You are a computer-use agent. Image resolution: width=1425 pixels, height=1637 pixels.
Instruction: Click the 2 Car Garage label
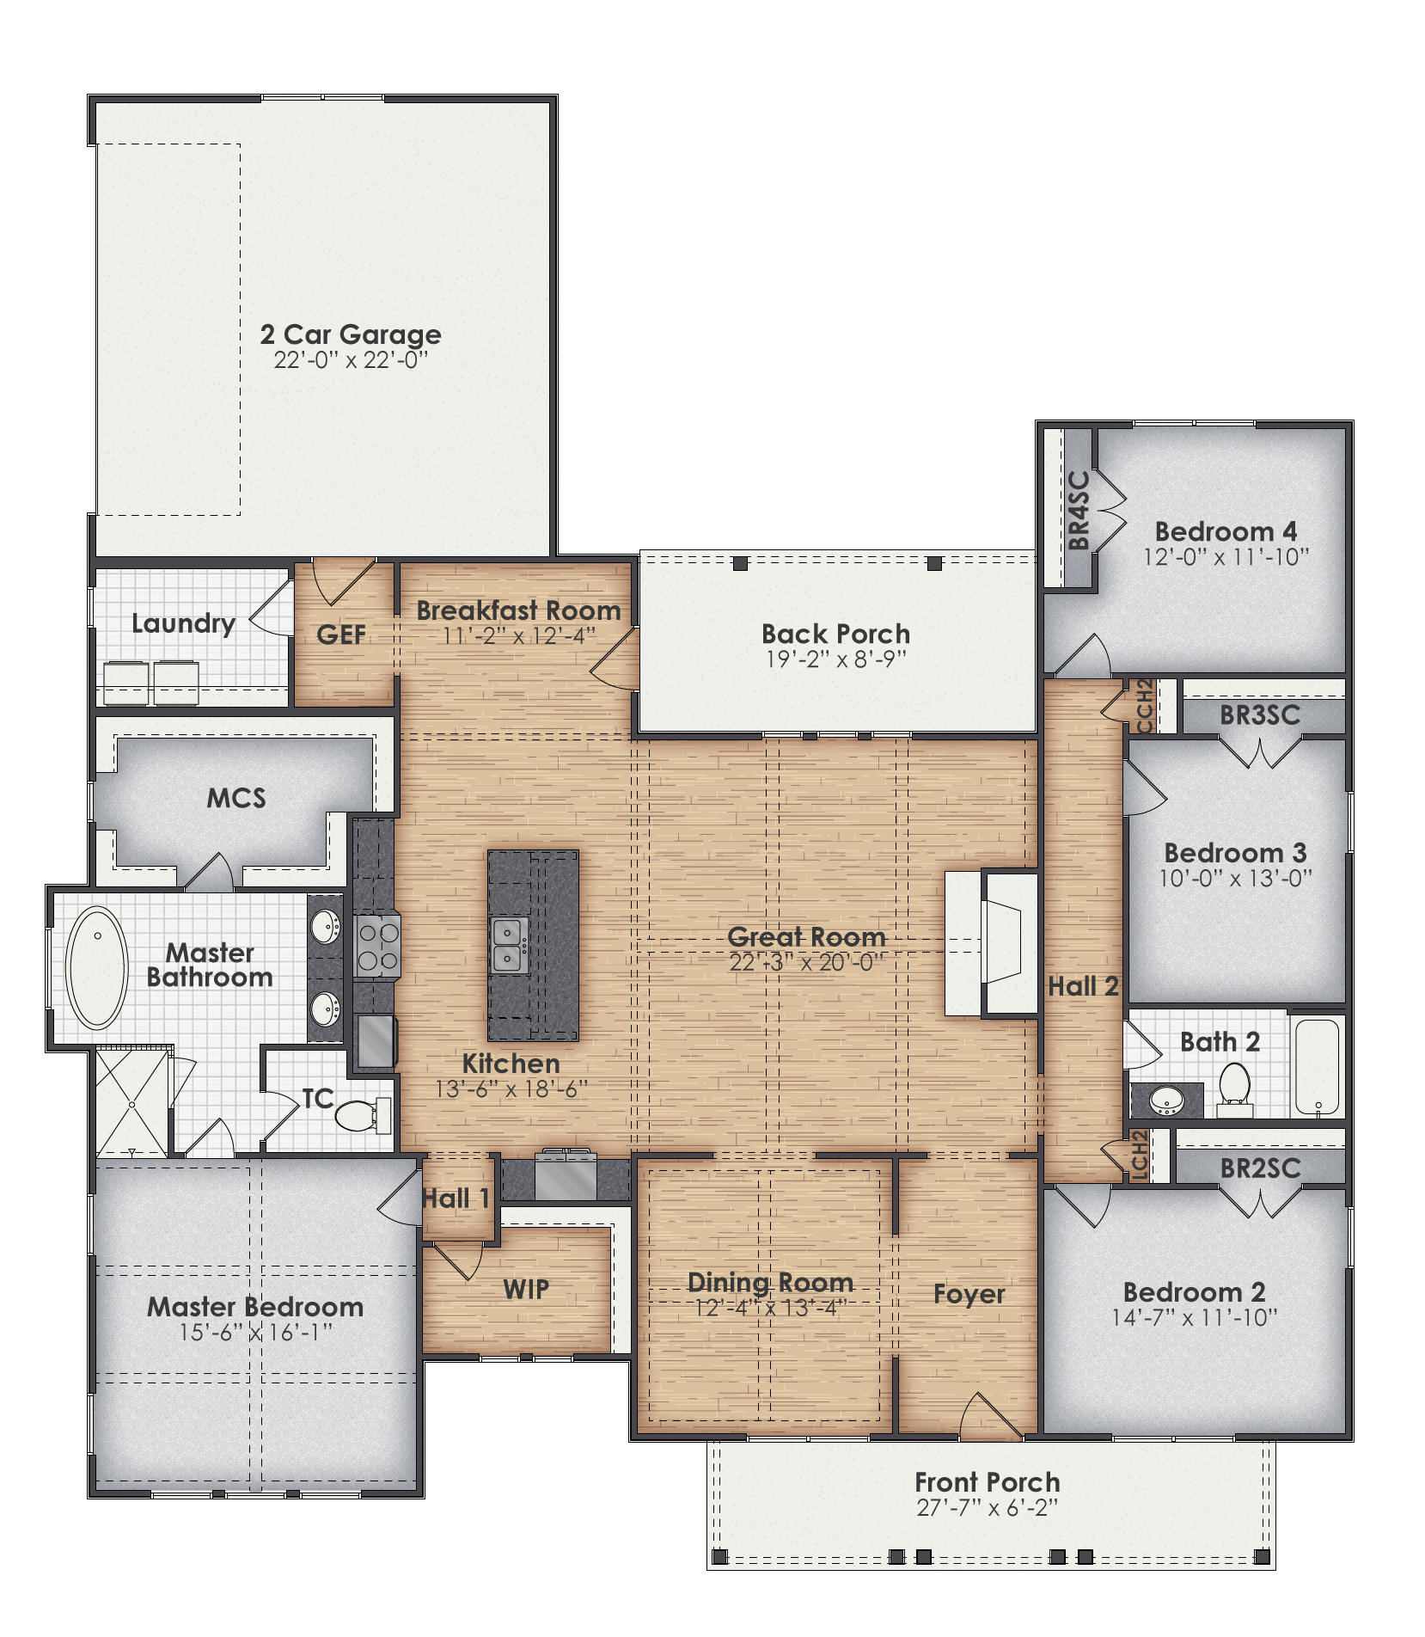tap(351, 334)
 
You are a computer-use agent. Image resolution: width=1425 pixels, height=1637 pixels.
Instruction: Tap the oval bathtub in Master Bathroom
tap(97, 966)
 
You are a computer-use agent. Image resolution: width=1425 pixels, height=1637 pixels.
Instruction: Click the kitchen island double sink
tap(509, 944)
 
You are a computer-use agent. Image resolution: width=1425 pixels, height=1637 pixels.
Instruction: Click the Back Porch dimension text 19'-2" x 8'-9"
tap(835, 659)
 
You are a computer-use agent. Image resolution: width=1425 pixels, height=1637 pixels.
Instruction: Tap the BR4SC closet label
tap(1079, 510)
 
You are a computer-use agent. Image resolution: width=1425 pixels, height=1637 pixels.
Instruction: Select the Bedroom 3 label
tap(1234, 853)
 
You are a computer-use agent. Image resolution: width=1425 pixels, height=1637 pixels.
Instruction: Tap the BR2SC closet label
tap(1259, 1168)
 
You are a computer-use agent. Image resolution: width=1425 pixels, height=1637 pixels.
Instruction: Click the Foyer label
tap(969, 1294)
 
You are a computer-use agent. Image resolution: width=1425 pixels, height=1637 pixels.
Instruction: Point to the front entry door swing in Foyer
tap(988, 1416)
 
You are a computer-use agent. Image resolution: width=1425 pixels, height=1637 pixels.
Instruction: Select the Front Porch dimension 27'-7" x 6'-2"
tap(987, 1508)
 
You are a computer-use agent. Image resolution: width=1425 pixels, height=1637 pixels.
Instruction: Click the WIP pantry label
tap(525, 1289)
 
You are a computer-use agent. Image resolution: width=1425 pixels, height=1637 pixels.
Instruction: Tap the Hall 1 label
tap(456, 1199)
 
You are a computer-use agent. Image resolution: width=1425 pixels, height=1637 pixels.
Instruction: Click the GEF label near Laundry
tap(341, 635)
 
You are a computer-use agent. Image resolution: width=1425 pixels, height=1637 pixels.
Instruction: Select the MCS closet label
tap(236, 798)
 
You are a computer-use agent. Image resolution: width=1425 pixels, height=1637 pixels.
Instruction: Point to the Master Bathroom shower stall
tap(132, 1103)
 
